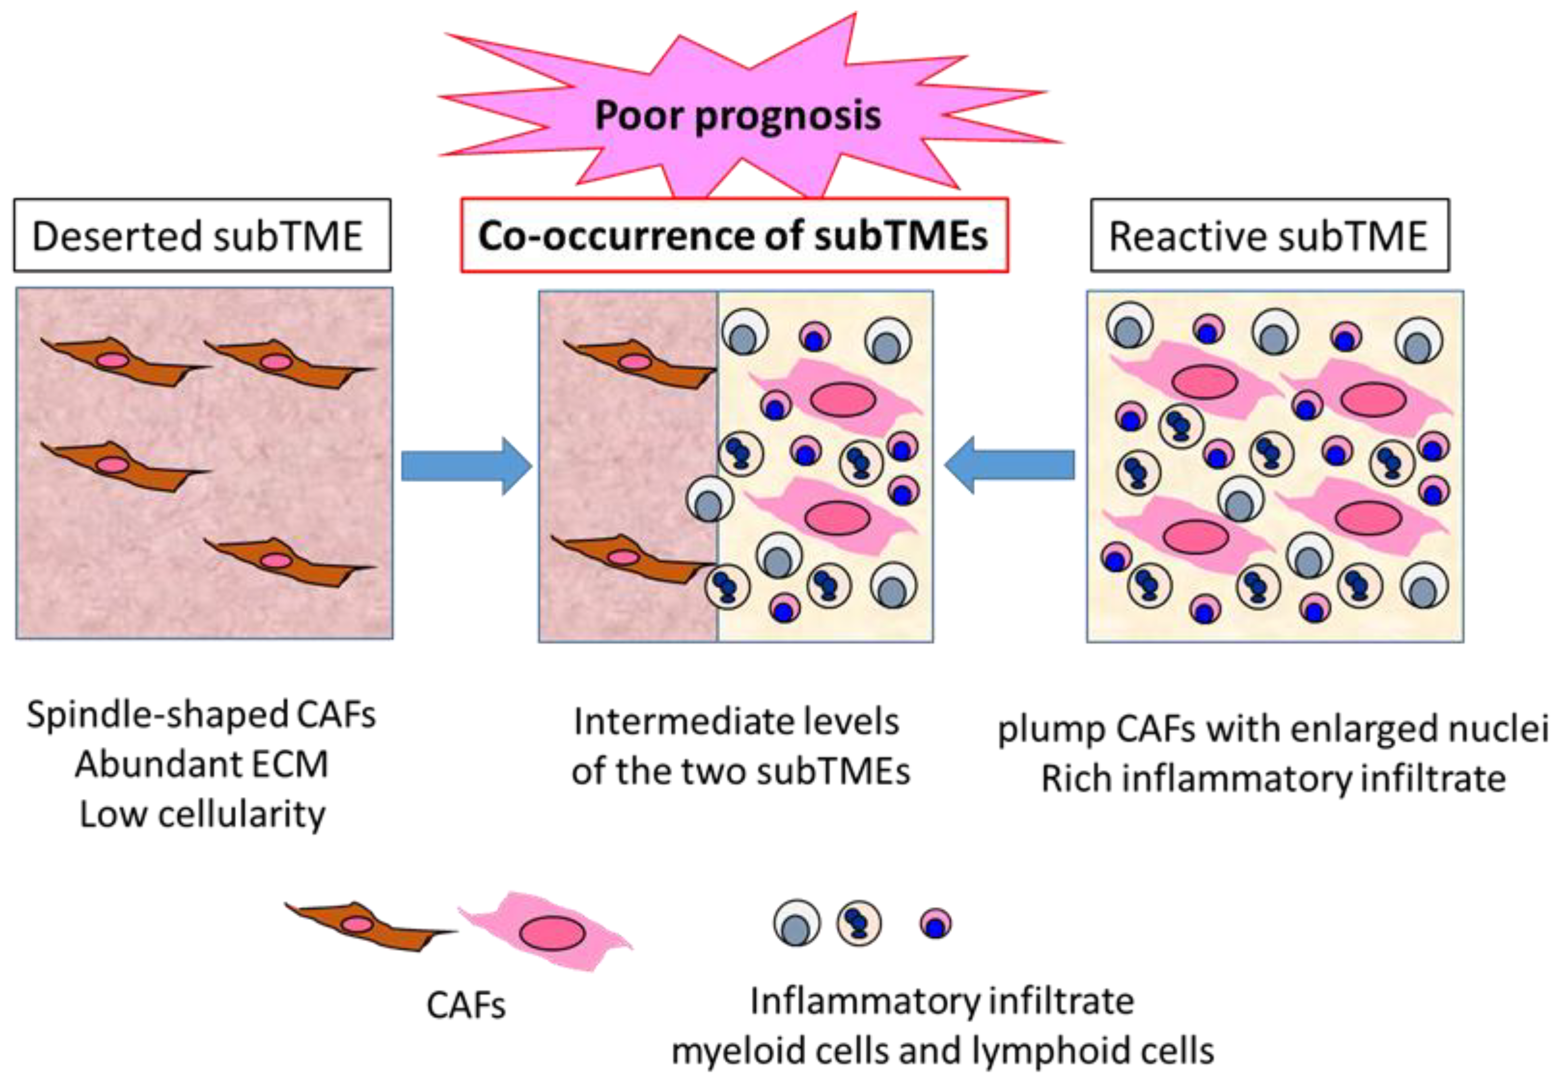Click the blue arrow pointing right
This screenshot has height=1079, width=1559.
(x=466, y=466)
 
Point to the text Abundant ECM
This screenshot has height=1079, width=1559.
(x=202, y=765)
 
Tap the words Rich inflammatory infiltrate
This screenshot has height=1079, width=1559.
(x=1274, y=778)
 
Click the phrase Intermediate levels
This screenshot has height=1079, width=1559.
(x=737, y=721)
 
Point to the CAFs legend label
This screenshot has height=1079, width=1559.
(x=466, y=1005)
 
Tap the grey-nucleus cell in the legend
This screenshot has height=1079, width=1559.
(x=797, y=923)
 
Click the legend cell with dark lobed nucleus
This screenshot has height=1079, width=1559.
(x=859, y=923)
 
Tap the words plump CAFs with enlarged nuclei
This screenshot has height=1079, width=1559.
(x=1273, y=729)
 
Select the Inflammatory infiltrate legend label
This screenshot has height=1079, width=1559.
(x=942, y=1001)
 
